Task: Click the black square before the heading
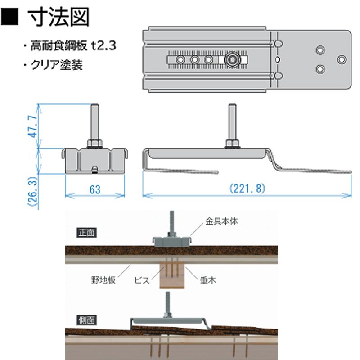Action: click(x=13, y=18)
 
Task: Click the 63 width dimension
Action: click(x=94, y=189)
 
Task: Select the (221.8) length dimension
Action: click(x=247, y=189)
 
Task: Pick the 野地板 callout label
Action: click(x=104, y=280)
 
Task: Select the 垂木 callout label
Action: click(x=208, y=280)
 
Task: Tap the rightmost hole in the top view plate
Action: click(x=342, y=59)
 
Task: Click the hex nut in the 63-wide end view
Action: click(x=94, y=144)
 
